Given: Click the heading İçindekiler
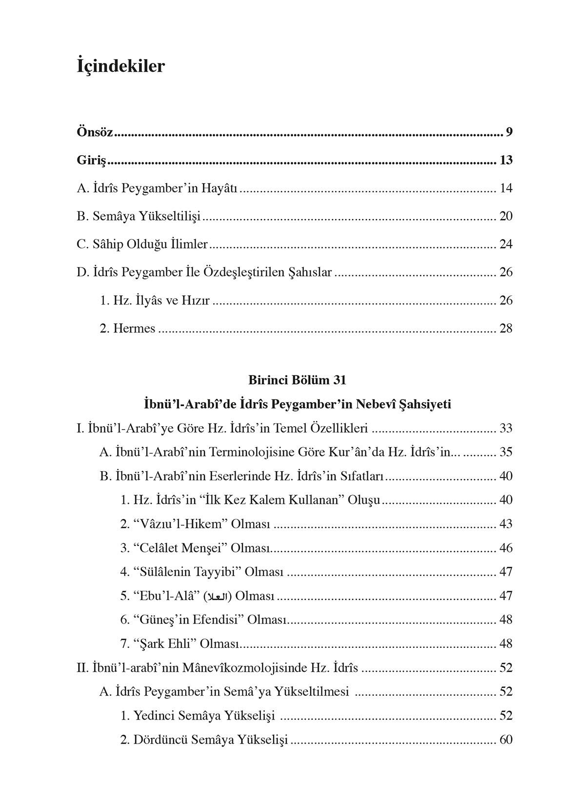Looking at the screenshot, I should point(121,66).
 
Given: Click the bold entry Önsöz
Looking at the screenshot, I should point(95,132).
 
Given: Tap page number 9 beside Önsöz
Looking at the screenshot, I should point(509,132).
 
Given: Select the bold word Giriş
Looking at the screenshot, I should point(92,161).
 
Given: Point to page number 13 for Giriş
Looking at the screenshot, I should point(506,161).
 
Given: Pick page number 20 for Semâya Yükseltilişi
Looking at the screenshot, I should point(506,216).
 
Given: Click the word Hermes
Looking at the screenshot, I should point(134,329).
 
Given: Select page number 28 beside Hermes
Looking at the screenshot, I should point(506,329).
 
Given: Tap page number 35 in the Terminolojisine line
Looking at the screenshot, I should point(506,453).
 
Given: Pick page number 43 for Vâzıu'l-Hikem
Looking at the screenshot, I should point(506,524).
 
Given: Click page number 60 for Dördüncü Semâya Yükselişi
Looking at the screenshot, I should point(506,740).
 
